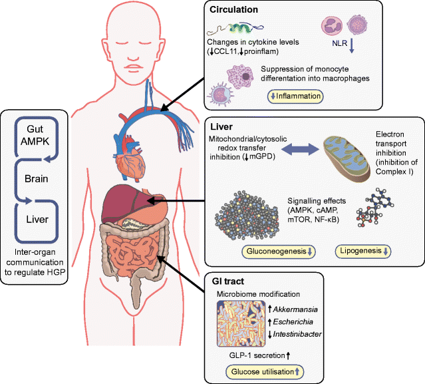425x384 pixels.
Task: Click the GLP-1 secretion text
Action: [x=260, y=356]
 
